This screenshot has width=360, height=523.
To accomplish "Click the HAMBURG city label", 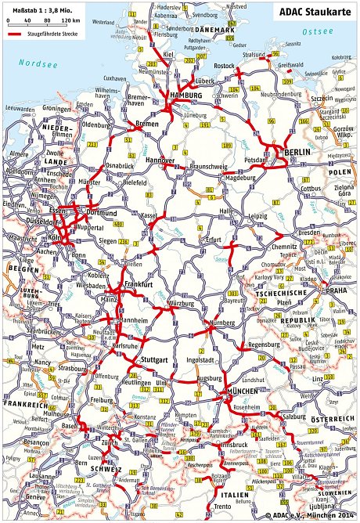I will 185,95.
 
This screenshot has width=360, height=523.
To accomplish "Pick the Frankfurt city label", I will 136,286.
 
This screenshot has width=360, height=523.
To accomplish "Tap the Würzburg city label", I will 181,302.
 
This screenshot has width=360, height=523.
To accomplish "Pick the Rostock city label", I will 225,67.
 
